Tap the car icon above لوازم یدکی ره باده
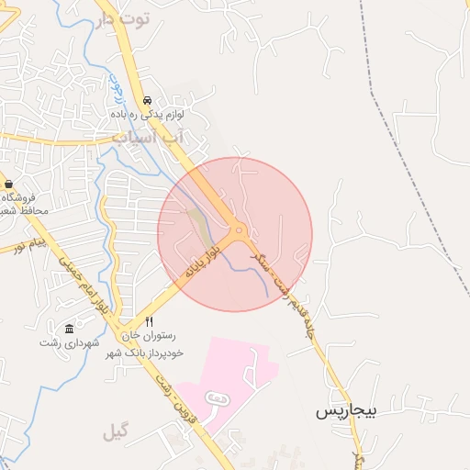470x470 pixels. click(148, 100)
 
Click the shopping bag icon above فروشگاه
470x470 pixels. click(8, 185)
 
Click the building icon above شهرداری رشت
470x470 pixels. click(69, 329)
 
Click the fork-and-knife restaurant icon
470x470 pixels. click(150, 322)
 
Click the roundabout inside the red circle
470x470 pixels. click(239, 230)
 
